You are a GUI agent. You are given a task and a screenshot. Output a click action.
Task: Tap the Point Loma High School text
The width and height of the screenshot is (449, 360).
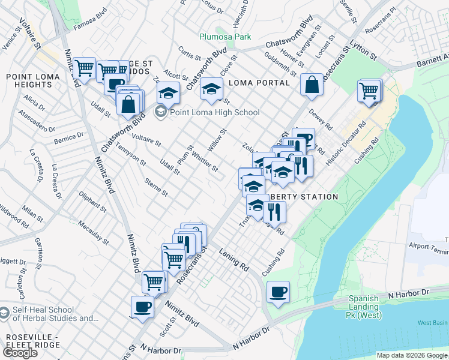pos(215,112)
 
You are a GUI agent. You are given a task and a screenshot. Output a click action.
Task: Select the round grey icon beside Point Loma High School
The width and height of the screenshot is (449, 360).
pos(161,112)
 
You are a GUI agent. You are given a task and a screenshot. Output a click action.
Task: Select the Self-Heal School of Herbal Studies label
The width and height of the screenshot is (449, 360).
pos(52,314)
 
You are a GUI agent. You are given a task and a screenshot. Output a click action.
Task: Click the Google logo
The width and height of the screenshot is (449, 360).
pos(20,353)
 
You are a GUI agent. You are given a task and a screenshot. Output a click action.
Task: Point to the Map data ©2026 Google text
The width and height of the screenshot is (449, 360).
pos(411,355)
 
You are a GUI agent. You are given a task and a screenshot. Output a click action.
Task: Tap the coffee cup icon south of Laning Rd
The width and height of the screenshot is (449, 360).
pos(278,292)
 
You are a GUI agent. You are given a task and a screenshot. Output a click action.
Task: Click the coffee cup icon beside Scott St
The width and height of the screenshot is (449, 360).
pos(143,307)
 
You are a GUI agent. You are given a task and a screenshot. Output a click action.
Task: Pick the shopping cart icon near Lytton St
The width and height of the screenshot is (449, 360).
pos(369,91)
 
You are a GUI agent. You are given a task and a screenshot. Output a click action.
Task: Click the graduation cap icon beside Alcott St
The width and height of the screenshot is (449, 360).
pos(169,92)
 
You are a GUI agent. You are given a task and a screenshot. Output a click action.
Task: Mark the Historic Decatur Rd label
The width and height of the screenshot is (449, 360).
pos(345,154)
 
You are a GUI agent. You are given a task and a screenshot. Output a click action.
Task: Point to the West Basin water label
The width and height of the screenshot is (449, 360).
pos(433,323)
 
